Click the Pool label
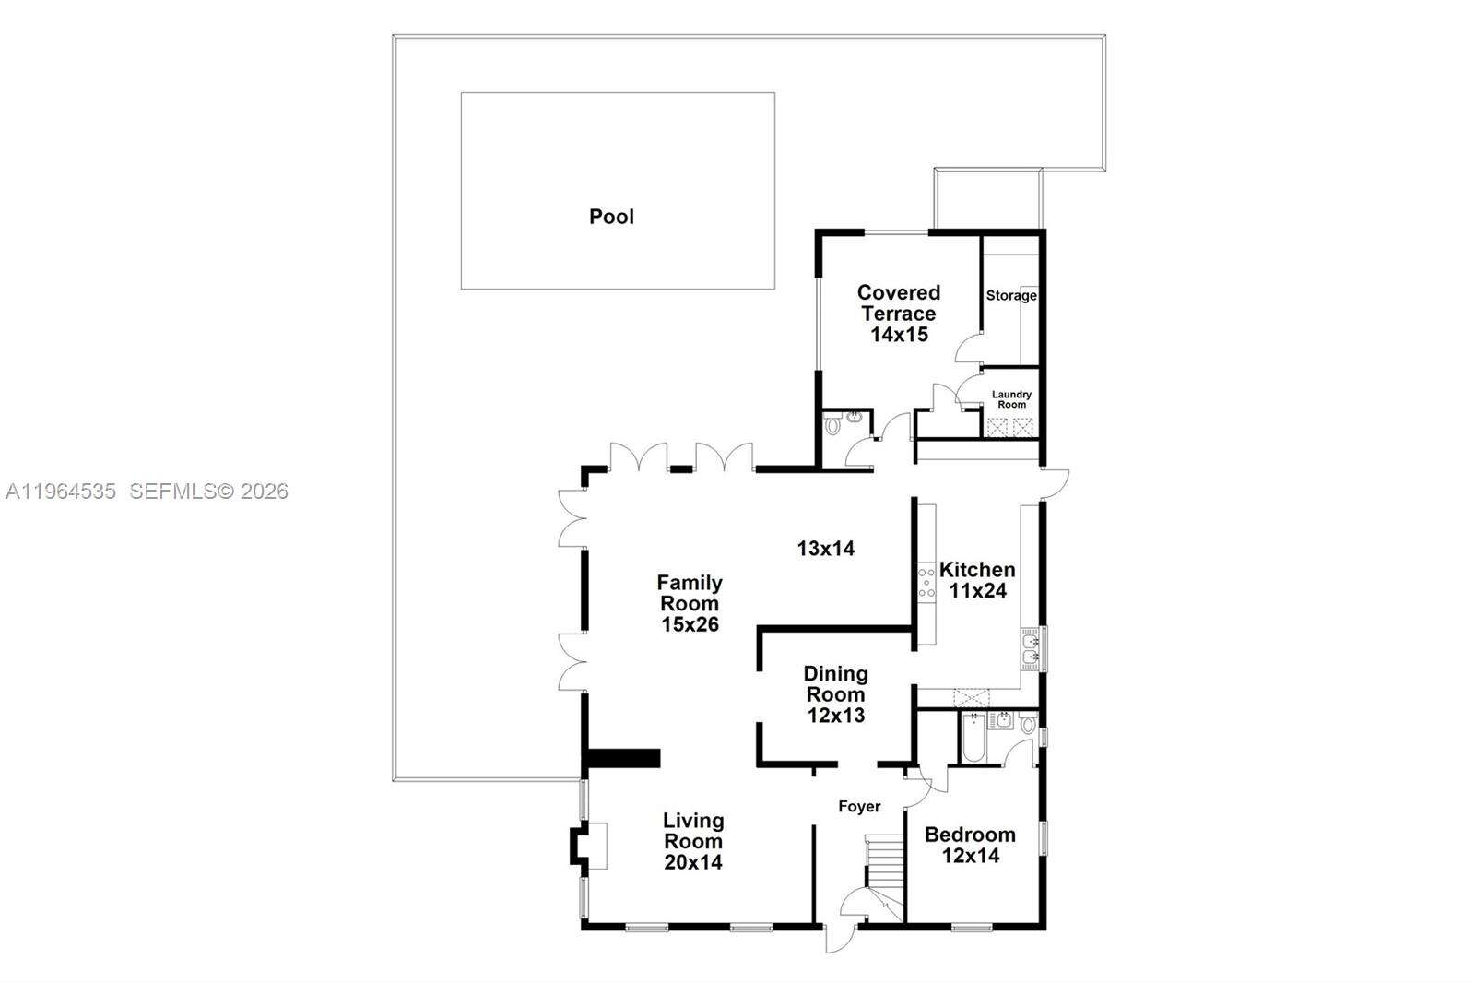pos(611,217)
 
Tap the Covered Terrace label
pos(899,314)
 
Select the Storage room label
pos(1011,296)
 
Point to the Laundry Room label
pos(1011,399)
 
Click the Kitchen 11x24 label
pos(977,580)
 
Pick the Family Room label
pos(690,603)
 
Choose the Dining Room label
pos(835,693)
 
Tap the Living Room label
pos(693,841)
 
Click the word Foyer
pos(859,807)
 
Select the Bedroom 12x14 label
pos(970,845)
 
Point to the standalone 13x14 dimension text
pos(826,549)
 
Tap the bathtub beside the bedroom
pos(973,738)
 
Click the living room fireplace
pos(588,846)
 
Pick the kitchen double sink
pos(1031,647)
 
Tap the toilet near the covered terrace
pos(833,425)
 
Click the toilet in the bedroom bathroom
pos(1028,724)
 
